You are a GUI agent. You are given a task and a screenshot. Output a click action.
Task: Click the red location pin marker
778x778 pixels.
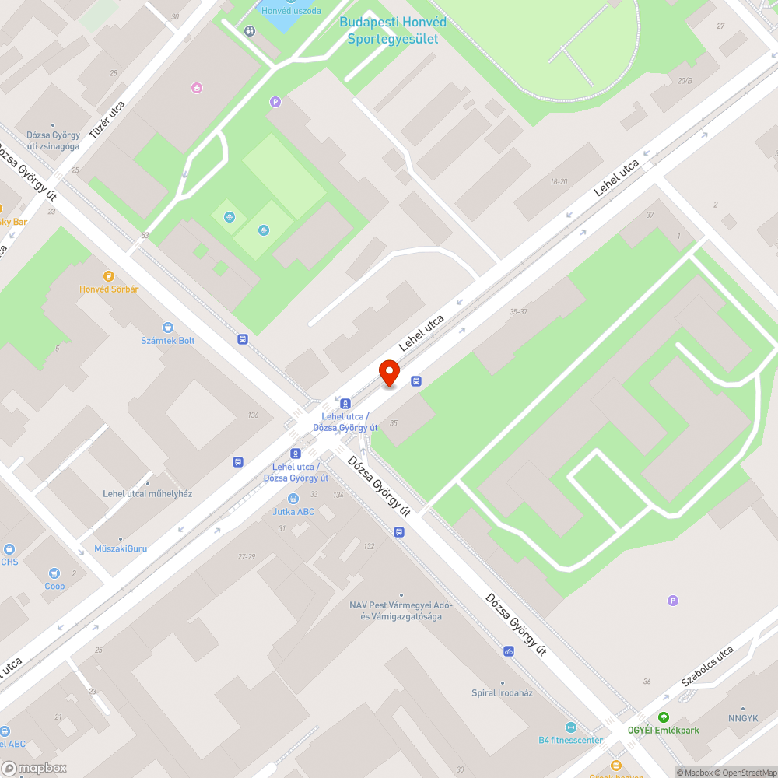point(389,373)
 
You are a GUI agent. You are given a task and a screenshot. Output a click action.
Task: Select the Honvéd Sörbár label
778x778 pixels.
point(109,289)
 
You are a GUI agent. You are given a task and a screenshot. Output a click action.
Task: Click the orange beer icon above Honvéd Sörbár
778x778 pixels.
point(109,275)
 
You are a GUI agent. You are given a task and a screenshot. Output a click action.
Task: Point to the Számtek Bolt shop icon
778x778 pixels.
point(167,328)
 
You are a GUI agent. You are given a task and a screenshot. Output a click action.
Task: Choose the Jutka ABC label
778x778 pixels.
point(293,512)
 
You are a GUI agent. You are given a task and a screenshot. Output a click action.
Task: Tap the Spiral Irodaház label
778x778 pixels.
point(502,693)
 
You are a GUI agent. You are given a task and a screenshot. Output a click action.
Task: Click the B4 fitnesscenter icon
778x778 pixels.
point(570,727)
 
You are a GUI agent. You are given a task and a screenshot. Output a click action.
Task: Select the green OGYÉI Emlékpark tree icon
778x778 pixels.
point(663,717)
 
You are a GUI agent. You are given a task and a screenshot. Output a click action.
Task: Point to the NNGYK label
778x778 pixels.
point(743,718)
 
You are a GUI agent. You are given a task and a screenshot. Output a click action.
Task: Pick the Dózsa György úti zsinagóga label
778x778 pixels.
point(53,140)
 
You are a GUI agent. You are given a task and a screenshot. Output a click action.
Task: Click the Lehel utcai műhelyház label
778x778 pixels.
point(147,494)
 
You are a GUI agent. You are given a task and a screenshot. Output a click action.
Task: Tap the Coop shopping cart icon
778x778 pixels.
point(54,573)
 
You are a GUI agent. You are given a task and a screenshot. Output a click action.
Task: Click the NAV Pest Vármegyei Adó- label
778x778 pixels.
point(401,605)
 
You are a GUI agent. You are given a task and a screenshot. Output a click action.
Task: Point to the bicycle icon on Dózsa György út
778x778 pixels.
point(509,650)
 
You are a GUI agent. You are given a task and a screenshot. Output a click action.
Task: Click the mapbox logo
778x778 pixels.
point(35,768)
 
